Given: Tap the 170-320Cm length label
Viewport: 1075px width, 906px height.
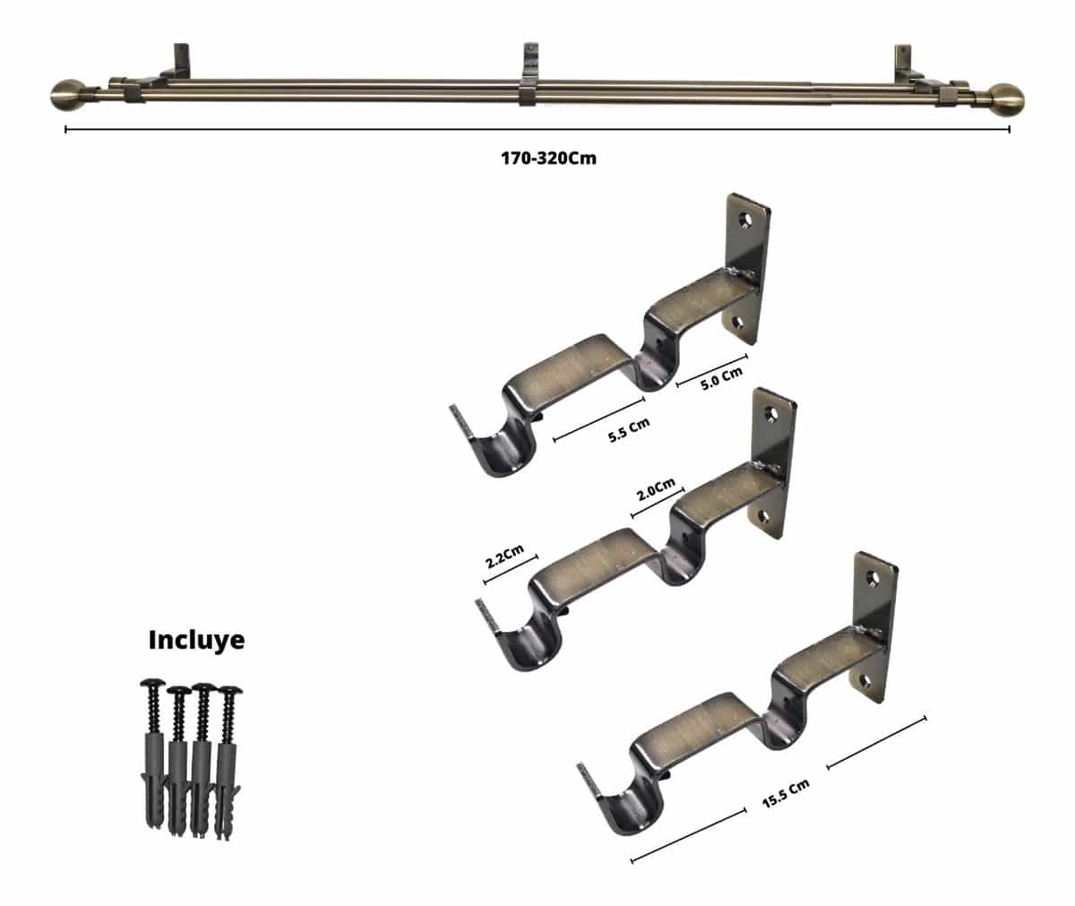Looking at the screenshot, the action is point(549,158).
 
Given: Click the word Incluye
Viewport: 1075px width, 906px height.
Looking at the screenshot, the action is point(196,640).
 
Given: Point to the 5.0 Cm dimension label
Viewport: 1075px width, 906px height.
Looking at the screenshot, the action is point(722,378).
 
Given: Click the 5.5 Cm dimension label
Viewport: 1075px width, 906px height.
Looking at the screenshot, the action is point(629,430).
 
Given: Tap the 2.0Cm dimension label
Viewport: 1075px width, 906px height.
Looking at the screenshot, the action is point(656,490).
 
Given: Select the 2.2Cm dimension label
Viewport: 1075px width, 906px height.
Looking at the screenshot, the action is point(505,556).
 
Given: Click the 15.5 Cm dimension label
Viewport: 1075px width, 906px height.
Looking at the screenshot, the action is point(786,794).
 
